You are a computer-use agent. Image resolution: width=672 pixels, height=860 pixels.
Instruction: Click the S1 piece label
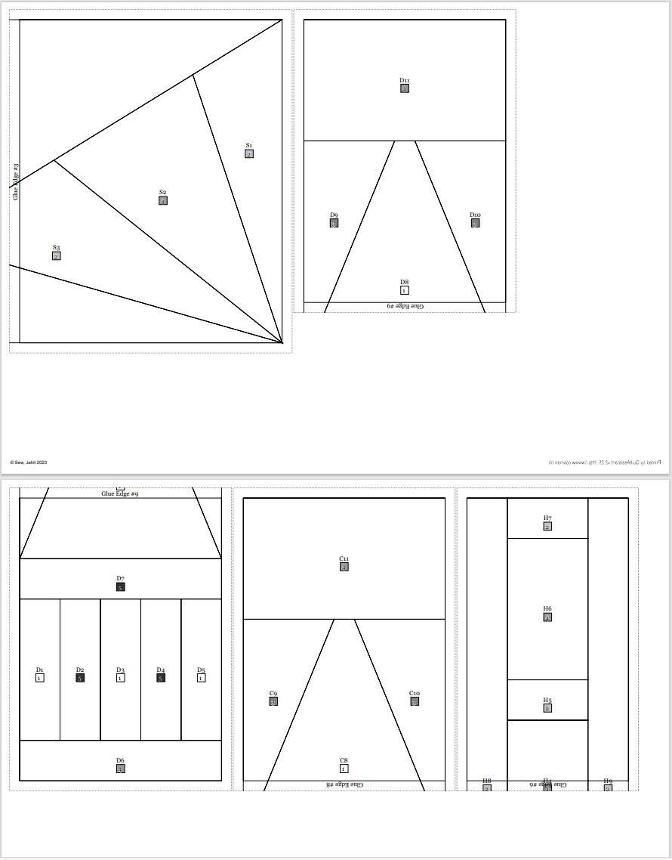[x=249, y=145]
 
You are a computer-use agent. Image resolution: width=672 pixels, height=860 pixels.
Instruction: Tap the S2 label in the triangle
[x=162, y=192]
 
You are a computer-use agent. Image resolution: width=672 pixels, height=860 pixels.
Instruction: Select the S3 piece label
[x=56, y=248]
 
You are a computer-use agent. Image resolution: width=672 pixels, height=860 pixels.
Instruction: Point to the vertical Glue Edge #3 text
[x=15, y=181]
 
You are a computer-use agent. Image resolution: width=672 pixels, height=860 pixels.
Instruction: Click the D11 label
[x=405, y=80]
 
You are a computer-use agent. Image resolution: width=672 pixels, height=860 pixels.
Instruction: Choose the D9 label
[x=334, y=215]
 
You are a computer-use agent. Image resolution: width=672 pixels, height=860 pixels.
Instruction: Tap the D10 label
[x=475, y=215]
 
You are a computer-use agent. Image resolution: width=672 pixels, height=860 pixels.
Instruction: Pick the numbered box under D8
[x=405, y=290]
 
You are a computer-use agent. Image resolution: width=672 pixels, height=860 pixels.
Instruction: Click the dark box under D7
[x=120, y=587]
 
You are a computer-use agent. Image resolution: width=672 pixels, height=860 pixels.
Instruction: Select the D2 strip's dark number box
[x=80, y=678]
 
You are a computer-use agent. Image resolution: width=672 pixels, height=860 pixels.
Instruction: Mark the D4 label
[x=160, y=670]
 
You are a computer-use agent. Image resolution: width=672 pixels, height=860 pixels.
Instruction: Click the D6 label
[x=120, y=760]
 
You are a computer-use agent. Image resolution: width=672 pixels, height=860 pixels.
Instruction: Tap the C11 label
[x=344, y=558]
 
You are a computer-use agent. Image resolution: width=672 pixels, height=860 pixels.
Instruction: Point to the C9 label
[x=273, y=693]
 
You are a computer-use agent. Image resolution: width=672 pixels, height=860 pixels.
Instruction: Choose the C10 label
[x=415, y=693]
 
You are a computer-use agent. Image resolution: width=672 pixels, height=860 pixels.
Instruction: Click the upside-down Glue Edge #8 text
[x=344, y=785]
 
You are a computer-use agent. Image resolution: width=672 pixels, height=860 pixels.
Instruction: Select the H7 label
[x=547, y=518]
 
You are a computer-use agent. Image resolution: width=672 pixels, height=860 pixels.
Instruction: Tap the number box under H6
[x=547, y=617]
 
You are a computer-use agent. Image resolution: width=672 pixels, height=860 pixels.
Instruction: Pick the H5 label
[x=547, y=700]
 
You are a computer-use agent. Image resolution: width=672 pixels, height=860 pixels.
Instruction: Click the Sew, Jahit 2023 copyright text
[x=29, y=462]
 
